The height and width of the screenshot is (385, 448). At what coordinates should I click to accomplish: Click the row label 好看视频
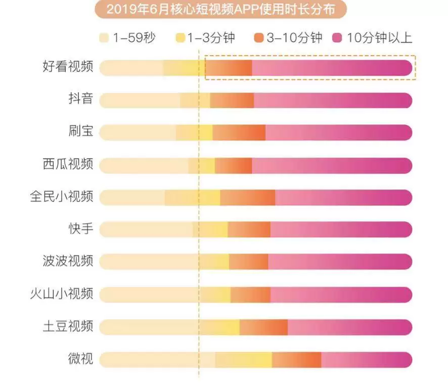point(68,67)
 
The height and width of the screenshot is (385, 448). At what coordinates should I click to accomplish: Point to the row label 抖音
point(80,100)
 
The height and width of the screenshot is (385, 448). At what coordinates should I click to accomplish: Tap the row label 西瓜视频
point(68,165)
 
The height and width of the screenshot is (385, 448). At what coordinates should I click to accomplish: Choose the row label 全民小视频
point(62,197)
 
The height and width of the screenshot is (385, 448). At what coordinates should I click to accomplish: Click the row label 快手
point(80,229)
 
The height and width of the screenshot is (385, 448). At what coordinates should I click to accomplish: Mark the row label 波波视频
point(68,261)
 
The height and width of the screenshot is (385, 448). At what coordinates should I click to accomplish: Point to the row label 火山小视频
point(62,294)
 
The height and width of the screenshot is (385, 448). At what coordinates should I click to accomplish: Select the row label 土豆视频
point(68,326)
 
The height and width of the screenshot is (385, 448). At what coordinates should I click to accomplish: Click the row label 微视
point(80,359)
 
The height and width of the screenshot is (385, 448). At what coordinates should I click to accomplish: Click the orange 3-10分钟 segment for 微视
point(296,360)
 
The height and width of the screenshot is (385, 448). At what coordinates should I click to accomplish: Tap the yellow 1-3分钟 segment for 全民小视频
point(193,197)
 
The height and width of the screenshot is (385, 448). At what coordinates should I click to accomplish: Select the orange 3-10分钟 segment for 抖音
point(232,100)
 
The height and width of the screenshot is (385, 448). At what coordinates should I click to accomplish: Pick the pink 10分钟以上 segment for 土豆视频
point(349,327)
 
